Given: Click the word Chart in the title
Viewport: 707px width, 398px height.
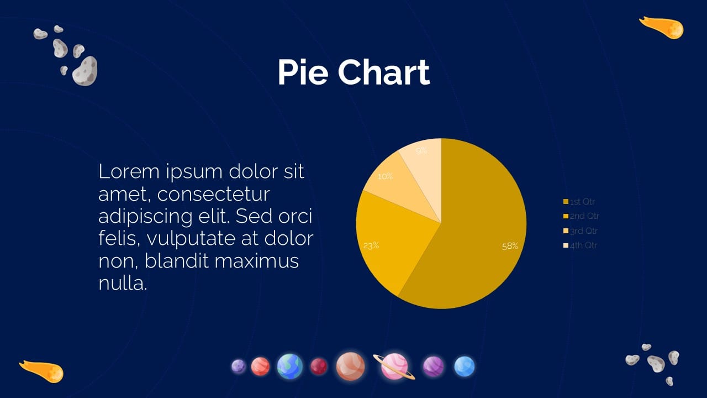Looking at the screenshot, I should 384,72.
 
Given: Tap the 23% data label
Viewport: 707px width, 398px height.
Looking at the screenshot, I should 371,245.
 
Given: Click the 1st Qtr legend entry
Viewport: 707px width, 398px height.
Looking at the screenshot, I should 579,202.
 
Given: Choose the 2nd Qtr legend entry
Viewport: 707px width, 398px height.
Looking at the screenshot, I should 581,216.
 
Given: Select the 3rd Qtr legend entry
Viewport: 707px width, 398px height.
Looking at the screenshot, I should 581,231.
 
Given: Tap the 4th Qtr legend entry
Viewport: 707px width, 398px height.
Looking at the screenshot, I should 581,245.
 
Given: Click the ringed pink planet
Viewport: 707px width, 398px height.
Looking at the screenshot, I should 394,366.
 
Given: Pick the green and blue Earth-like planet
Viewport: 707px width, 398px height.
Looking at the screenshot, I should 289,366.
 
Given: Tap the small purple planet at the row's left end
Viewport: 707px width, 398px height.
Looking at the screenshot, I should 239,366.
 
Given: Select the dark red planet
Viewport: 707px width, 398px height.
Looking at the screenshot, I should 319,366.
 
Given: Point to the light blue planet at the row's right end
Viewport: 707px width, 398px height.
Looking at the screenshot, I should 465,366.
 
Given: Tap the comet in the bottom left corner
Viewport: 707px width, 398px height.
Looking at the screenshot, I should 44,370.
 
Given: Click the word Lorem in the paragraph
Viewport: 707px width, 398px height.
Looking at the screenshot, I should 128,172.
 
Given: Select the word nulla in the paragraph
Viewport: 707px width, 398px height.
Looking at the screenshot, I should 122,284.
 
